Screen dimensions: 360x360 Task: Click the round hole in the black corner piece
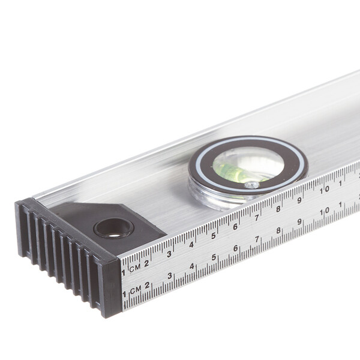(113, 228)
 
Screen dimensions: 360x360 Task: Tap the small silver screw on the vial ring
(251, 185)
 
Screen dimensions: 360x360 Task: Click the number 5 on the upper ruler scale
(214, 236)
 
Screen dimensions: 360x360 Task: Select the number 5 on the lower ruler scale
(214, 257)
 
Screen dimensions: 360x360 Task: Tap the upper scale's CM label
(135, 268)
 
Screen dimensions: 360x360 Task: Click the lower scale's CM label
(136, 290)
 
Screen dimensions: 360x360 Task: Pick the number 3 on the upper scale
(169, 254)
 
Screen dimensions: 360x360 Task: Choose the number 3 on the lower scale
(170, 275)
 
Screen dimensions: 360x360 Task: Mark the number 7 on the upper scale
(257, 218)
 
